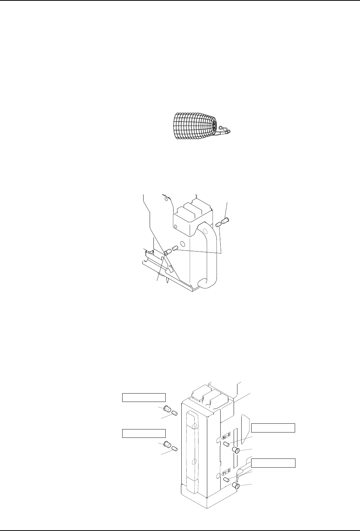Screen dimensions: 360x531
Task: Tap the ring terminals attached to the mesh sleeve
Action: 225,130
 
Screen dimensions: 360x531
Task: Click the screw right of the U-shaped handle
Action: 224,221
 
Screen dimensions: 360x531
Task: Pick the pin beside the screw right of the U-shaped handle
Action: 218,224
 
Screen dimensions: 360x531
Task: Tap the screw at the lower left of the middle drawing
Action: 168,253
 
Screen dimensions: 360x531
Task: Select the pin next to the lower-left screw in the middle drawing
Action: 176,249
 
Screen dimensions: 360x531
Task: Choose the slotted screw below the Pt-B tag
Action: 236,486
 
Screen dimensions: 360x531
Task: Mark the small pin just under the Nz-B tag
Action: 226,444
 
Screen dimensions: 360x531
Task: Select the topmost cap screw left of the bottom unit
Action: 167,409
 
